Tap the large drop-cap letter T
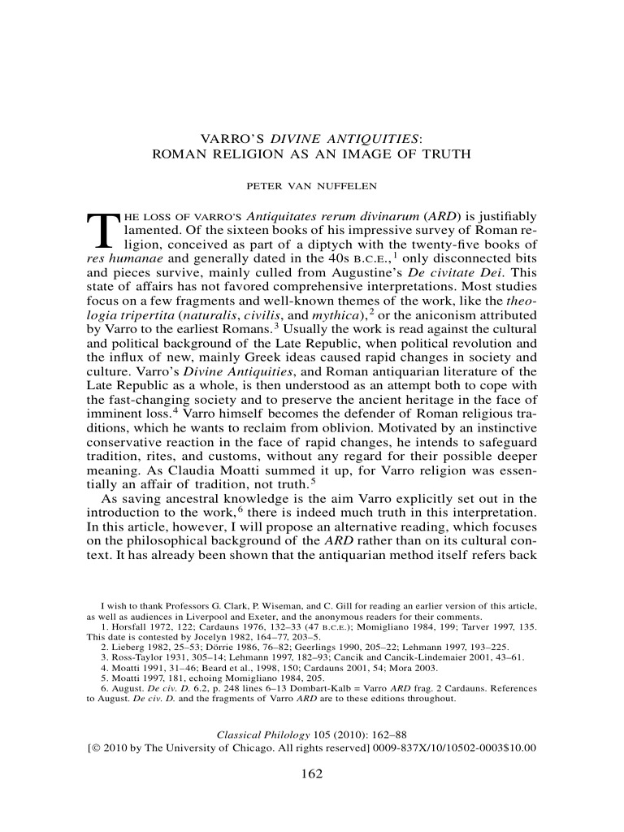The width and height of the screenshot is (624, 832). pos(99,232)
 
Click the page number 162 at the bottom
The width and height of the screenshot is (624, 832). pos(312,773)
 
